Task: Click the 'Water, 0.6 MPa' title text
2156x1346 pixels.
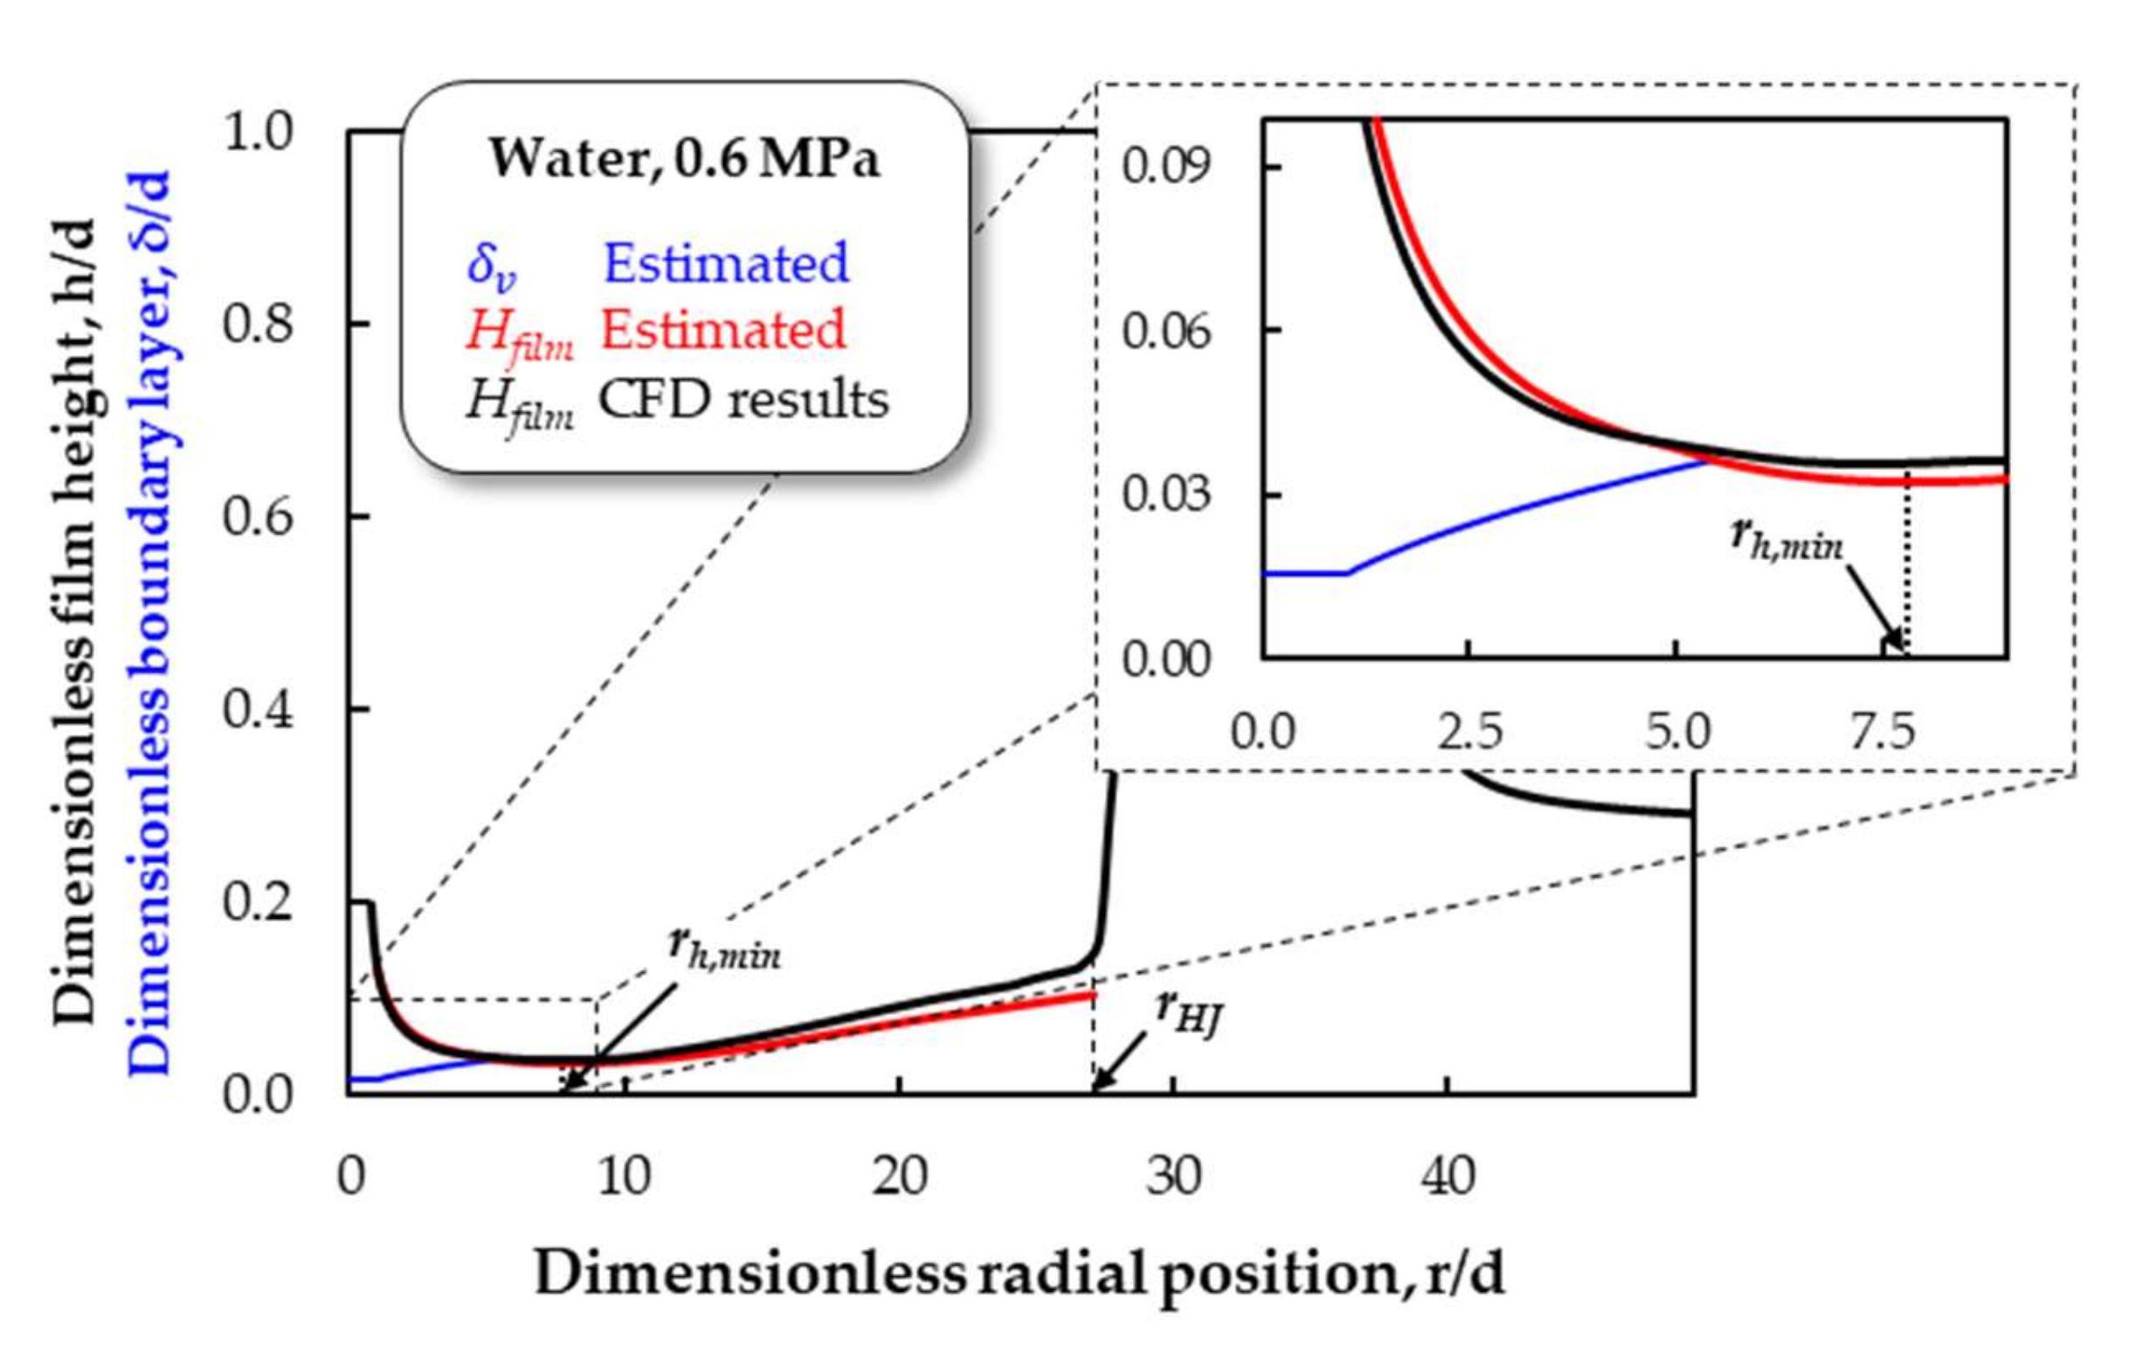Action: coord(684,160)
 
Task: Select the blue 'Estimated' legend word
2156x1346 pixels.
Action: coord(725,264)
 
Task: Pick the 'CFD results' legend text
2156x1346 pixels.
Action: coord(743,400)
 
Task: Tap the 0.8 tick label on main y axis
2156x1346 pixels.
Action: coord(256,323)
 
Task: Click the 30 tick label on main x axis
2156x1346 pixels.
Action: coord(1172,1176)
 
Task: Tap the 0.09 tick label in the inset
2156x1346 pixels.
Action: coord(1166,167)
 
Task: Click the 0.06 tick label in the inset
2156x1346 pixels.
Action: coord(1166,331)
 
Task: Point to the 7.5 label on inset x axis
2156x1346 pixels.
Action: coord(1883,732)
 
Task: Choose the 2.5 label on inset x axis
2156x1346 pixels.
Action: coord(1469,732)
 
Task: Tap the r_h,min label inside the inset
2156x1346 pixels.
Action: coord(1786,542)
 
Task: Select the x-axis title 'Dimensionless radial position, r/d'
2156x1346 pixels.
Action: coord(1019,1274)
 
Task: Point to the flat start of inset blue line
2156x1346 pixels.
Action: coord(1304,573)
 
